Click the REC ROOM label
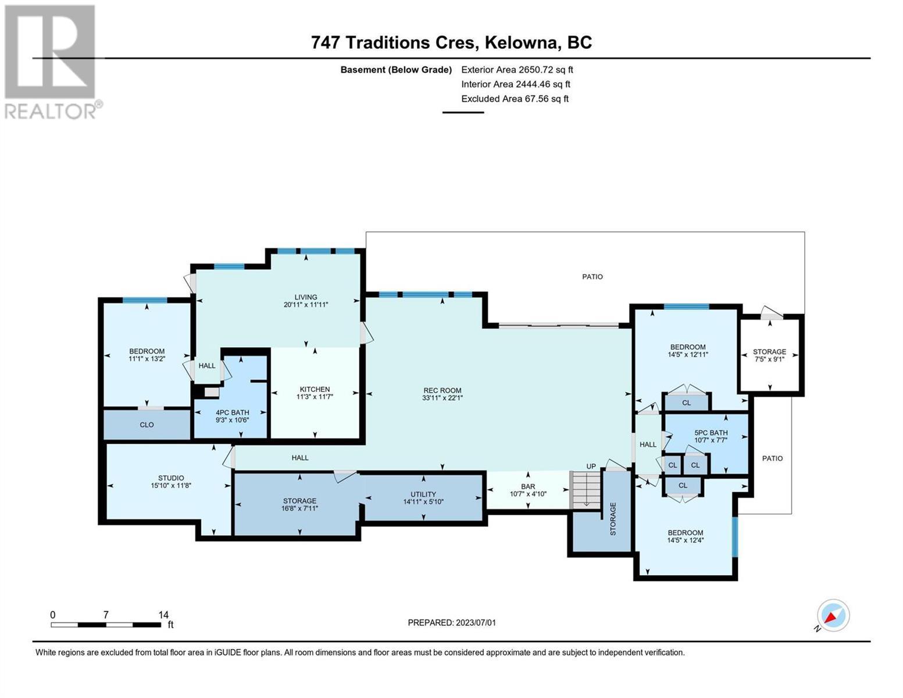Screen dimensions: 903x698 tap(442, 390)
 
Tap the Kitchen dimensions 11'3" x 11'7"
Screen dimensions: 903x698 tap(315, 397)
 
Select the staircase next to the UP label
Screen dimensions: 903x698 tap(586, 490)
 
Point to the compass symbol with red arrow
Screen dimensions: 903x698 tap(833, 615)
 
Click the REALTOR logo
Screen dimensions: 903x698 tap(52, 62)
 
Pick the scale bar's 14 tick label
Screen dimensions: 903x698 tap(163, 615)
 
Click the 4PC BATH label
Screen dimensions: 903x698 tap(232, 412)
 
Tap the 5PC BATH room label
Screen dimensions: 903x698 tap(711, 433)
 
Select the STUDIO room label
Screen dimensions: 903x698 tap(171, 478)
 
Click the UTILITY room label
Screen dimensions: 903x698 tap(423, 494)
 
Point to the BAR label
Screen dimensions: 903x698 tap(528, 486)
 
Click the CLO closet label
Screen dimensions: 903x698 tap(147, 425)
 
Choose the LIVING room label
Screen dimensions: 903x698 tap(306, 297)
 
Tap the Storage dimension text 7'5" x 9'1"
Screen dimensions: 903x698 tap(769, 359)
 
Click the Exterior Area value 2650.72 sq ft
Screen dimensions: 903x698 tap(545, 70)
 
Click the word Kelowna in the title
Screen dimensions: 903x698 tap(522, 43)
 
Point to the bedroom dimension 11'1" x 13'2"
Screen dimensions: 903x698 tap(147, 359)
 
